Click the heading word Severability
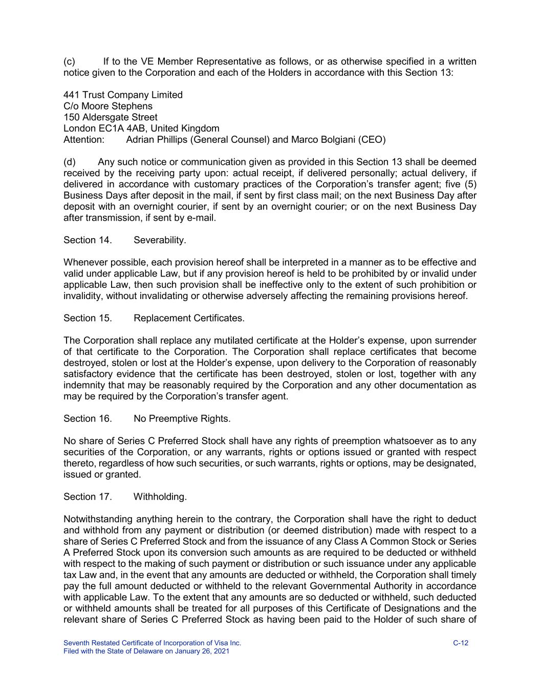tap(160, 240)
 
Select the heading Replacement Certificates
tap(189, 318)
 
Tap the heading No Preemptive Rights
tap(182, 418)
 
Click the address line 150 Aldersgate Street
tap(111, 117)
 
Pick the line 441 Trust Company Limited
tap(123, 95)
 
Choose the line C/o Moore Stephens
tap(108, 106)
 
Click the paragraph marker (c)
tap(70, 61)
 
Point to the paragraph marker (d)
tap(70, 162)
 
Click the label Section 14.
tap(88, 240)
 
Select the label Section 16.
tap(88, 418)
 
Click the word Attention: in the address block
tap(84, 139)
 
